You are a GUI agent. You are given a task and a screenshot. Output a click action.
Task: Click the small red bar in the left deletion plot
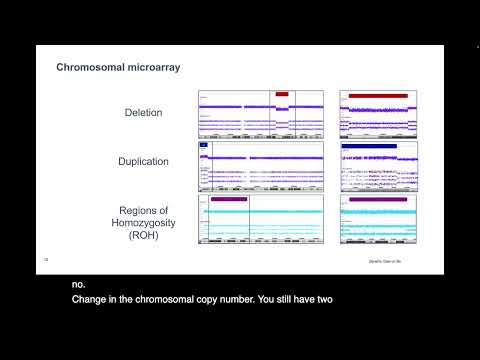click(282, 94)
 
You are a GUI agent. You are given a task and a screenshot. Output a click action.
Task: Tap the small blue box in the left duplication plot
click(204, 145)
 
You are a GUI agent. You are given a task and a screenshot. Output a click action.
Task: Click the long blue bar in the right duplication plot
click(369, 146)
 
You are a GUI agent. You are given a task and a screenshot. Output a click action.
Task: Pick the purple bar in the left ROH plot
click(230, 200)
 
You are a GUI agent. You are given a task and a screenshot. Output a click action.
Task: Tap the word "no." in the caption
click(79, 284)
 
